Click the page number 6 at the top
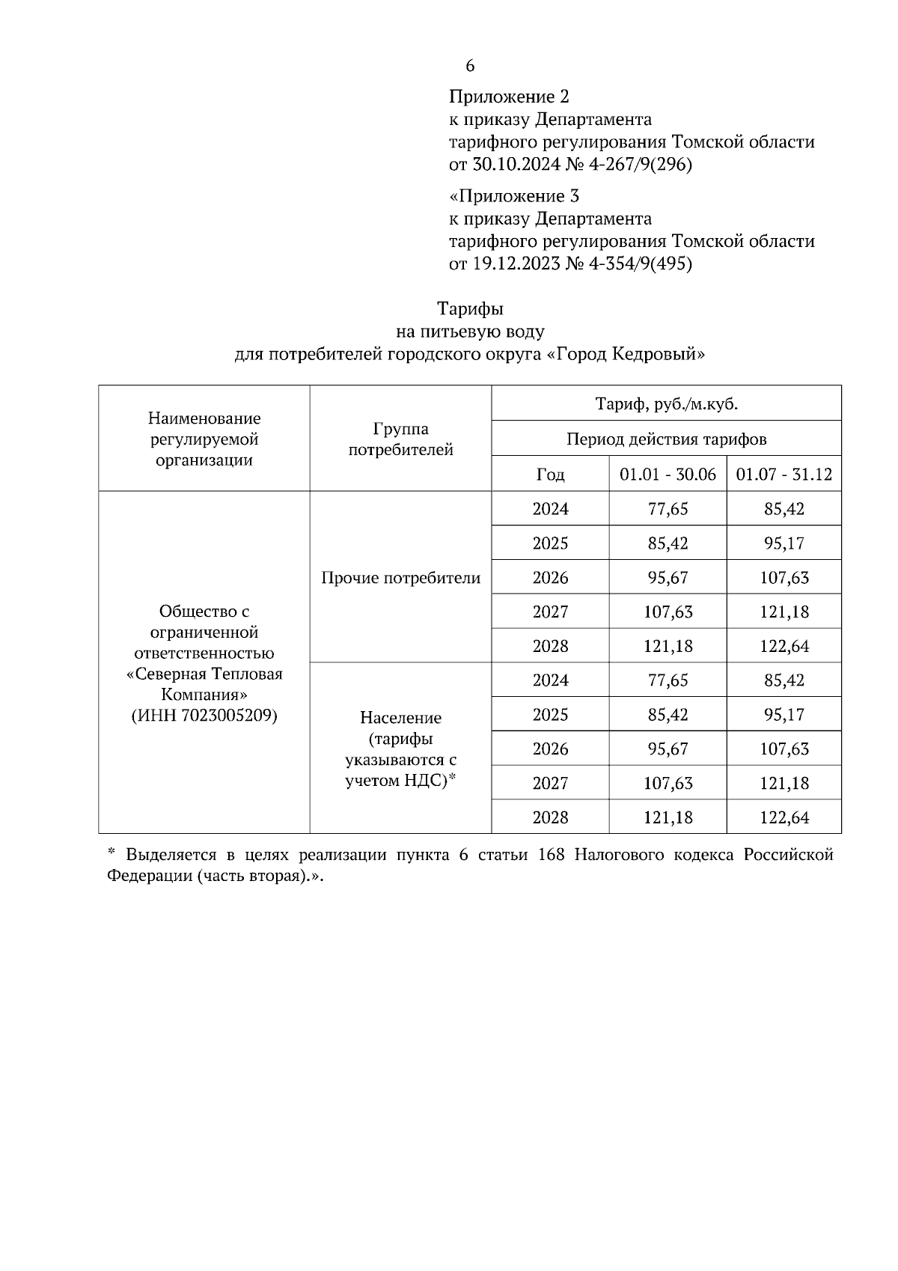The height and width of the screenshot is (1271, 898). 470,66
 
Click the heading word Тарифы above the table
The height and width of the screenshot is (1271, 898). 470,308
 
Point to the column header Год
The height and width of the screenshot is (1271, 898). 550,475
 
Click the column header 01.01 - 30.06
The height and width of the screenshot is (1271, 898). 668,475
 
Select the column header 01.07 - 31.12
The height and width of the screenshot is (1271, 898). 784,475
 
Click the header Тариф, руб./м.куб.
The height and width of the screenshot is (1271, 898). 666,404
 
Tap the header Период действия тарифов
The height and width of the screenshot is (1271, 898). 666,439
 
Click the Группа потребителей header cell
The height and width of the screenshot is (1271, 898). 400,439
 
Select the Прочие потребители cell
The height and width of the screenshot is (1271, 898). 400,578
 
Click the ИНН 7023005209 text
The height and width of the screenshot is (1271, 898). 204,716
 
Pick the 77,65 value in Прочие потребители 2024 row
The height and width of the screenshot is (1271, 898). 668,509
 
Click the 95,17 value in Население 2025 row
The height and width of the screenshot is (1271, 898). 784,715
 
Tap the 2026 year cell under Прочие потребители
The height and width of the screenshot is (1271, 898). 550,578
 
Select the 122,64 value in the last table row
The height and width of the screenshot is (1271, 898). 784,817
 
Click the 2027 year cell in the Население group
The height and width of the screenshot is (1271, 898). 550,784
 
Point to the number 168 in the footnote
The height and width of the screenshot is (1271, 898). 552,855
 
